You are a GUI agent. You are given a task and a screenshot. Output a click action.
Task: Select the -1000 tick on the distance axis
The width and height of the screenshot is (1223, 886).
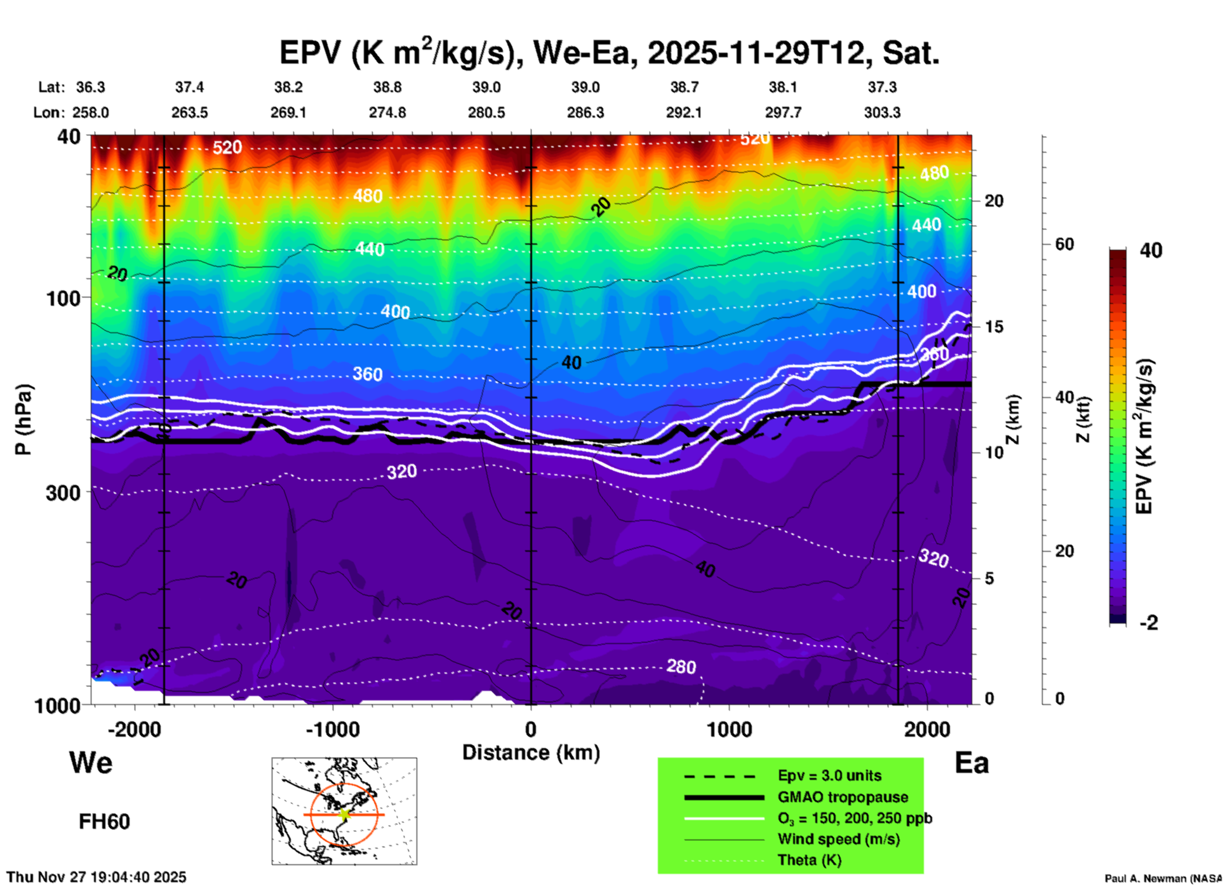pyautogui.click(x=332, y=729)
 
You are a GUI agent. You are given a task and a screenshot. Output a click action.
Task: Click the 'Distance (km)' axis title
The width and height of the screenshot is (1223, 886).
pyautogui.click(x=531, y=753)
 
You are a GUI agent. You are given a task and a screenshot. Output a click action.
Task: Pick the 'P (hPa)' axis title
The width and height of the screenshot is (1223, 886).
pyautogui.click(x=23, y=419)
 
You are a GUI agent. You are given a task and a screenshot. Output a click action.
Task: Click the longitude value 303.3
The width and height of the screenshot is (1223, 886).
pyautogui.click(x=881, y=112)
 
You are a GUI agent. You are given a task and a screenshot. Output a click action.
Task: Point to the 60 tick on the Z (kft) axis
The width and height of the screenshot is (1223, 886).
pyautogui.click(x=1064, y=244)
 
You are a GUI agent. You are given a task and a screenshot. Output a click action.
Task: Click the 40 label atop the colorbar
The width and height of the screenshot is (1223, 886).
pyautogui.click(x=1151, y=250)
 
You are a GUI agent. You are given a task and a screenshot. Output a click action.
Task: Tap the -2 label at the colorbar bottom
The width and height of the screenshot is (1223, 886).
pyautogui.click(x=1149, y=623)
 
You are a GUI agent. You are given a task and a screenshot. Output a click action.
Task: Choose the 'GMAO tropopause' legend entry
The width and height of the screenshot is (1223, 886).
pyautogui.click(x=843, y=797)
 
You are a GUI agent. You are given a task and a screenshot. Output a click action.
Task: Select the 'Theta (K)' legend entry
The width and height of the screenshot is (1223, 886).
pyautogui.click(x=809, y=860)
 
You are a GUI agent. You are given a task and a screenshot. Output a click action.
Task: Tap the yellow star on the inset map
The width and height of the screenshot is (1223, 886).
pyautogui.click(x=344, y=814)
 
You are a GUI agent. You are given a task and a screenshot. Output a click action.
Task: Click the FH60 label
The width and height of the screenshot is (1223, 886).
pyautogui.click(x=104, y=822)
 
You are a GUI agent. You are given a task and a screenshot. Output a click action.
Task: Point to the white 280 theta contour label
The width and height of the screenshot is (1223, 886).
pyautogui.click(x=681, y=666)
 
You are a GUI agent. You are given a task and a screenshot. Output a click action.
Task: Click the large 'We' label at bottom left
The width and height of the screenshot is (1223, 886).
pyautogui.click(x=91, y=763)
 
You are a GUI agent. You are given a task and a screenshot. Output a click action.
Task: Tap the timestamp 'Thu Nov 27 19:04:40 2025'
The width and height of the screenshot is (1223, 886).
pyautogui.click(x=97, y=877)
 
